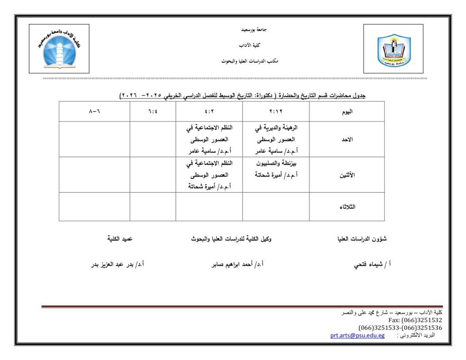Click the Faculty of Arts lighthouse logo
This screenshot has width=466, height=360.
(x=59, y=50)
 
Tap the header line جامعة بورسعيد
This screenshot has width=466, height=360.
(x=254, y=30)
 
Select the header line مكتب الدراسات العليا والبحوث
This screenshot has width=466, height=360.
(x=250, y=61)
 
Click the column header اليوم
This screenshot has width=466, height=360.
(x=347, y=112)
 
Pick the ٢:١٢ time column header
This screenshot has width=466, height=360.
(x=276, y=112)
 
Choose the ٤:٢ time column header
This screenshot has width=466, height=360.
(x=209, y=112)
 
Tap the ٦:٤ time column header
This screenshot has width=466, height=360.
(x=152, y=112)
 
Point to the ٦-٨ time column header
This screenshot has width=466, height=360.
(x=94, y=112)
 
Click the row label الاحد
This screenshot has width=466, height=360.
(x=347, y=139)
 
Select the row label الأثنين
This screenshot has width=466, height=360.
(x=347, y=175)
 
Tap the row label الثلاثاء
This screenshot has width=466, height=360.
(x=347, y=207)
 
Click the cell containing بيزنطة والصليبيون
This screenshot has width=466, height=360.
(x=276, y=168)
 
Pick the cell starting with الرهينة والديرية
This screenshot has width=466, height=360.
(x=276, y=139)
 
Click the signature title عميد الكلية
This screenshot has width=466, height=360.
(x=120, y=238)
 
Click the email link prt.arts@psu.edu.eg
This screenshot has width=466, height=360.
(x=357, y=335)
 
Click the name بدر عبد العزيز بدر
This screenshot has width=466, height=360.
(x=117, y=264)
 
